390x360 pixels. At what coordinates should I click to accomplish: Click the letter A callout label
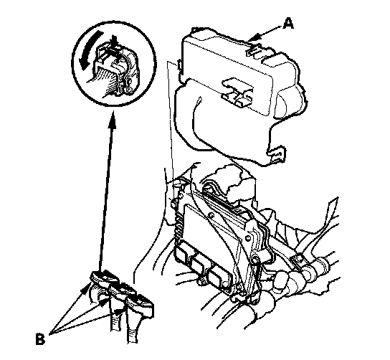[x=288, y=24]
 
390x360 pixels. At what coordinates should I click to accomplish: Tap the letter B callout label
[x=40, y=338]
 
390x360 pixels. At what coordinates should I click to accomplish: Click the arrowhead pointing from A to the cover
[x=255, y=38]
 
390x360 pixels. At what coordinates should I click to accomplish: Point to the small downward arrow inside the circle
[x=115, y=42]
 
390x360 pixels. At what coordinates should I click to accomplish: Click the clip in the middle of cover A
[x=237, y=93]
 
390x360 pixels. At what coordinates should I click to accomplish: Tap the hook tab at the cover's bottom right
[x=277, y=154]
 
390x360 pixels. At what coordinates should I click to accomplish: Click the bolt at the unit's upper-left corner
[x=173, y=203]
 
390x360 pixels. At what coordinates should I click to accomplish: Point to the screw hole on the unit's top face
[x=211, y=215]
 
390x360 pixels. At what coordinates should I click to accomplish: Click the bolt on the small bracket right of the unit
[x=298, y=260]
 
